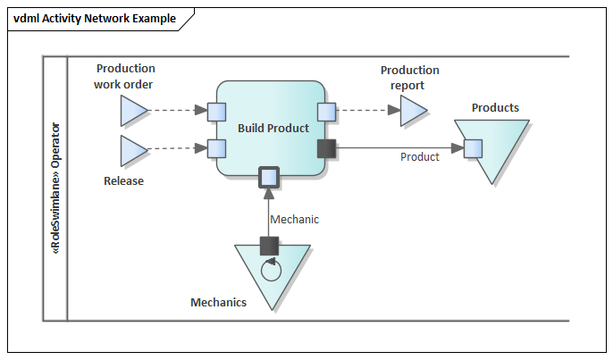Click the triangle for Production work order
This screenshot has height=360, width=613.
pos(132,112)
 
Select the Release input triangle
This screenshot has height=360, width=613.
pos(132,151)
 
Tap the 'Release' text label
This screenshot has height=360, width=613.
pos(123,180)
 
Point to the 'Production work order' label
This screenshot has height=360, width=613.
pos(125,77)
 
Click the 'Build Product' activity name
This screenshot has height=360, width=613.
pos(273,128)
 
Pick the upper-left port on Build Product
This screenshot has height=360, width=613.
pos(216,112)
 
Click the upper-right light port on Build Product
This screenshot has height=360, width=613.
pos(326,112)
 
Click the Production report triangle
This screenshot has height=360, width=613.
pos(412,112)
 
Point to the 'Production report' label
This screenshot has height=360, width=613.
pos(410,78)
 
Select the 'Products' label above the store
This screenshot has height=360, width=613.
pos(495,108)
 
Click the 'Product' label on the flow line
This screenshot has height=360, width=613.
pos(419,157)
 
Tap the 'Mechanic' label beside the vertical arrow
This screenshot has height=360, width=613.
pos(294,219)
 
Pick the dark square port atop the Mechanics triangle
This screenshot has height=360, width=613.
pos(269,245)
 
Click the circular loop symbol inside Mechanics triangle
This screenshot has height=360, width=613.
pos(269,268)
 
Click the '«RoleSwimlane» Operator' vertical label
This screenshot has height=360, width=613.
pos(55,188)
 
